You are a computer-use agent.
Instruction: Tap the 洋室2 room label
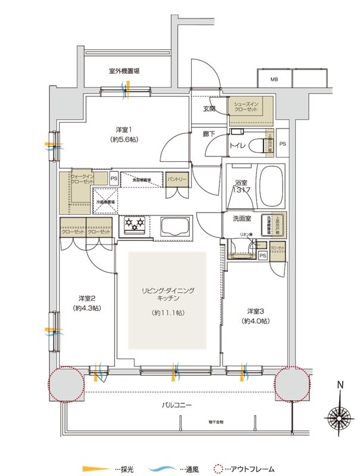click(86, 303)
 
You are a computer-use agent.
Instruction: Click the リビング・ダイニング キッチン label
click(168, 295)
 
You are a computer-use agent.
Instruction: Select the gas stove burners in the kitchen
click(134, 225)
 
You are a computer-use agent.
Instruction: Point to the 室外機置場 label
click(124, 71)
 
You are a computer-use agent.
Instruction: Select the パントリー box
click(177, 178)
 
